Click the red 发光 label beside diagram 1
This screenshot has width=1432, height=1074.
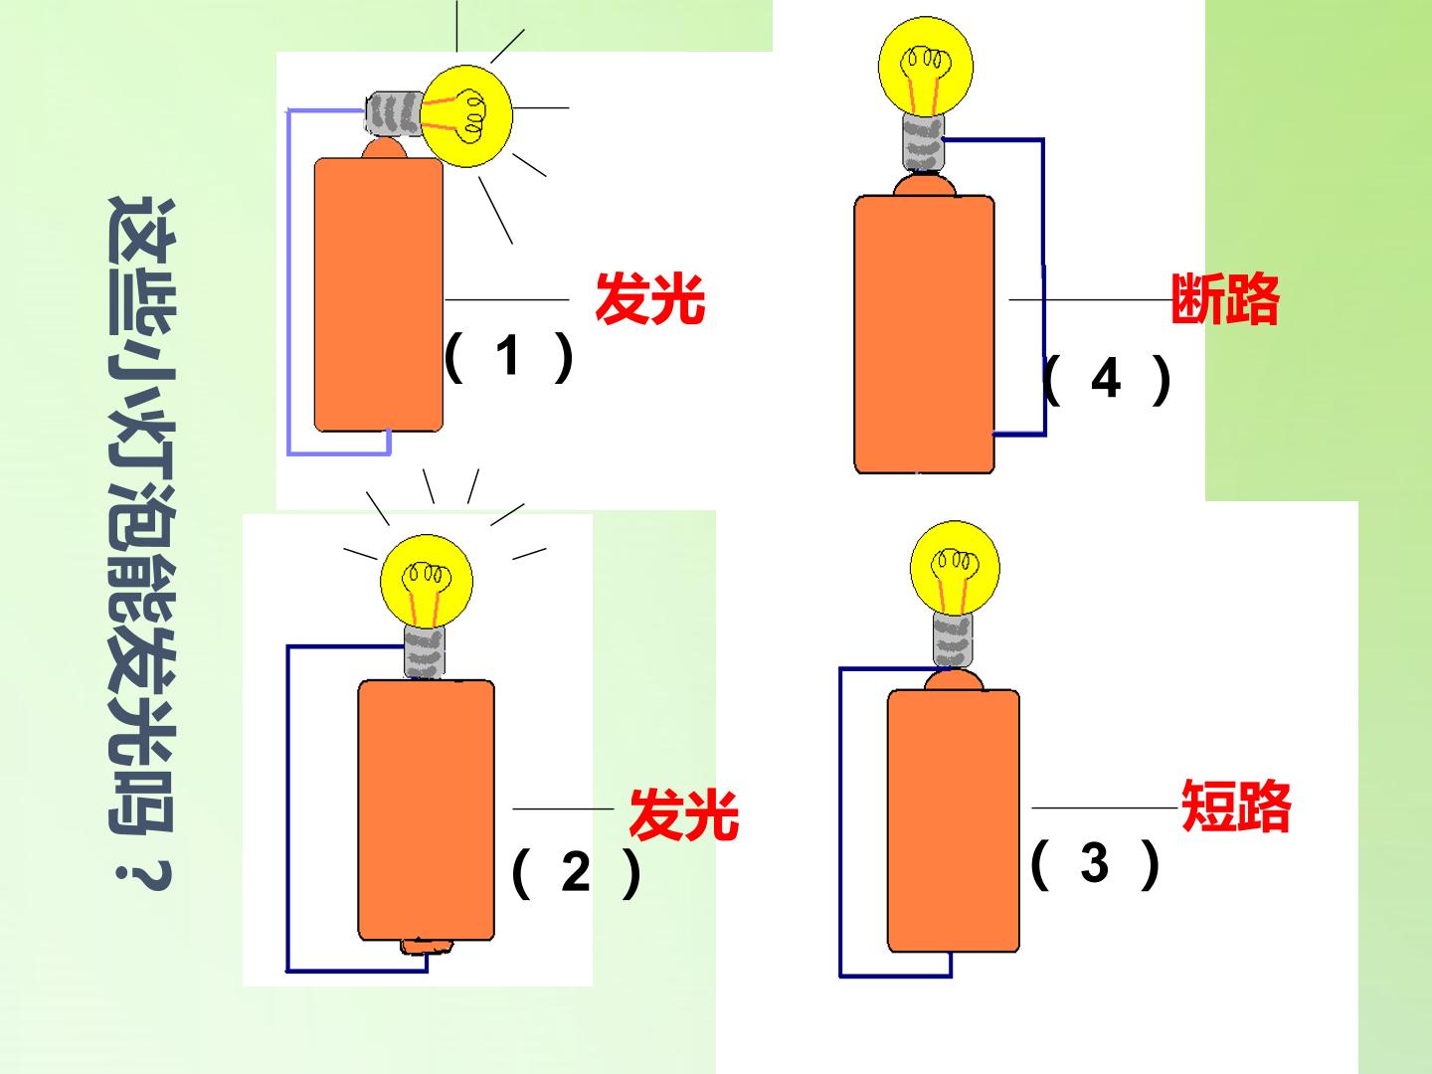(x=649, y=299)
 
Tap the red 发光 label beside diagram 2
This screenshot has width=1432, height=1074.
(x=684, y=814)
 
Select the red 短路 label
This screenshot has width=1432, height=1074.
(x=1236, y=805)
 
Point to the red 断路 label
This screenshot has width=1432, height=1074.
(x=1224, y=298)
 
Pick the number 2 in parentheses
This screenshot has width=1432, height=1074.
(x=576, y=871)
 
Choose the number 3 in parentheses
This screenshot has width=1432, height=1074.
(x=1094, y=862)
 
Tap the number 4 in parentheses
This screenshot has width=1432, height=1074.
(x=1106, y=378)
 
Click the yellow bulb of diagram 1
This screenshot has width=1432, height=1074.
(x=465, y=116)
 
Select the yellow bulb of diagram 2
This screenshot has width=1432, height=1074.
(x=427, y=582)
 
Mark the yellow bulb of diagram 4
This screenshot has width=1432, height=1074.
(x=926, y=67)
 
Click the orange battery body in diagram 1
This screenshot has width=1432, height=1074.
(x=379, y=294)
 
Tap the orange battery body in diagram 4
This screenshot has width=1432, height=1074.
(x=925, y=334)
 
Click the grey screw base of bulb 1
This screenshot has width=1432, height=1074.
(x=394, y=114)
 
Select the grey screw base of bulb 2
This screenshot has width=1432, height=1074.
(x=425, y=652)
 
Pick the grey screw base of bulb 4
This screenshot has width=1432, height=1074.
(x=924, y=143)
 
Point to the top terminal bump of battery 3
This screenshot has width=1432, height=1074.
(x=953, y=680)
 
